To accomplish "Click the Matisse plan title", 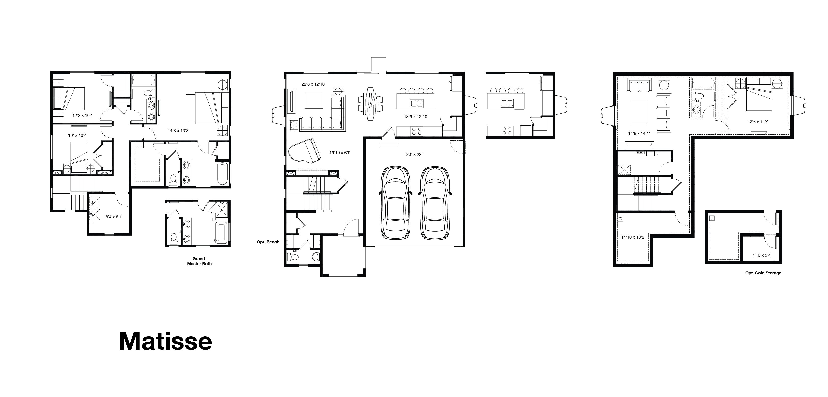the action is tap(166, 341).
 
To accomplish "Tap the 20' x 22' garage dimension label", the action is tap(414, 154).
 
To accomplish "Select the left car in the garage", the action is tap(396, 203).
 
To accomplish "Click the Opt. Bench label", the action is tap(268, 242).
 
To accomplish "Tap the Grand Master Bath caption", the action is tap(199, 261).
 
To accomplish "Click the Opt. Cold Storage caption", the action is tap(763, 273).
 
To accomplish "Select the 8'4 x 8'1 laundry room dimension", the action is tap(114, 217).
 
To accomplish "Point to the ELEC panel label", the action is tap(640, 153).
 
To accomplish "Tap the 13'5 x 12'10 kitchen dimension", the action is tap(415, 117).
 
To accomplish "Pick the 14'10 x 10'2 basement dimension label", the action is tap(633, 237).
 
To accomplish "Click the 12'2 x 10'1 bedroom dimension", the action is tap(82, 115).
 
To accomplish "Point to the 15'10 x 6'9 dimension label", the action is tap(339, 153).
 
